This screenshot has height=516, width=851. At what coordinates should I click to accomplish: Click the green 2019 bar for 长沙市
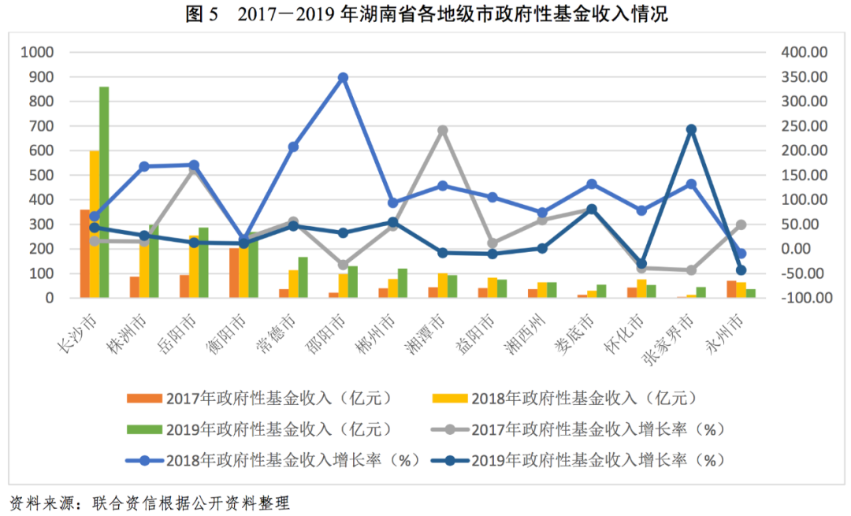pyautogui.click(x=104, y=192)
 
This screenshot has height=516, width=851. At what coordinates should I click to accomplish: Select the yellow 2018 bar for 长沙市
pyautogui.click(x=95, y=225)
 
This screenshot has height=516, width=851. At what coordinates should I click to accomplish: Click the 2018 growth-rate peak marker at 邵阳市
pyautogui.click(x=343, y=78)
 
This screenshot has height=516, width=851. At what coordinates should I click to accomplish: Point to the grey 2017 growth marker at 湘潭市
pyautogui.click(x=442, y=130)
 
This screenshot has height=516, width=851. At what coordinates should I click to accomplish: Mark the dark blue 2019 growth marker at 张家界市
pyautogui.click(x=691, y=129)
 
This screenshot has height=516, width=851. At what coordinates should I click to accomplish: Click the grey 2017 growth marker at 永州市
pyautogui.click(x=741, y=225)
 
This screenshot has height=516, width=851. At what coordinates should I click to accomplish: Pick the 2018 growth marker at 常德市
pyautogui.click(x=293, y=147)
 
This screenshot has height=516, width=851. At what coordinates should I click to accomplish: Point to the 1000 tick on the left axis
pyautogui.click(x=38, y=53)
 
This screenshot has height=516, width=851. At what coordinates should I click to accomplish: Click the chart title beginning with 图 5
pyautogui.click(x=425, y=14)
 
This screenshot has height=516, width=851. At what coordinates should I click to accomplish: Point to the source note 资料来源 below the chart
pyautogui.click(x=150, y=503)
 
